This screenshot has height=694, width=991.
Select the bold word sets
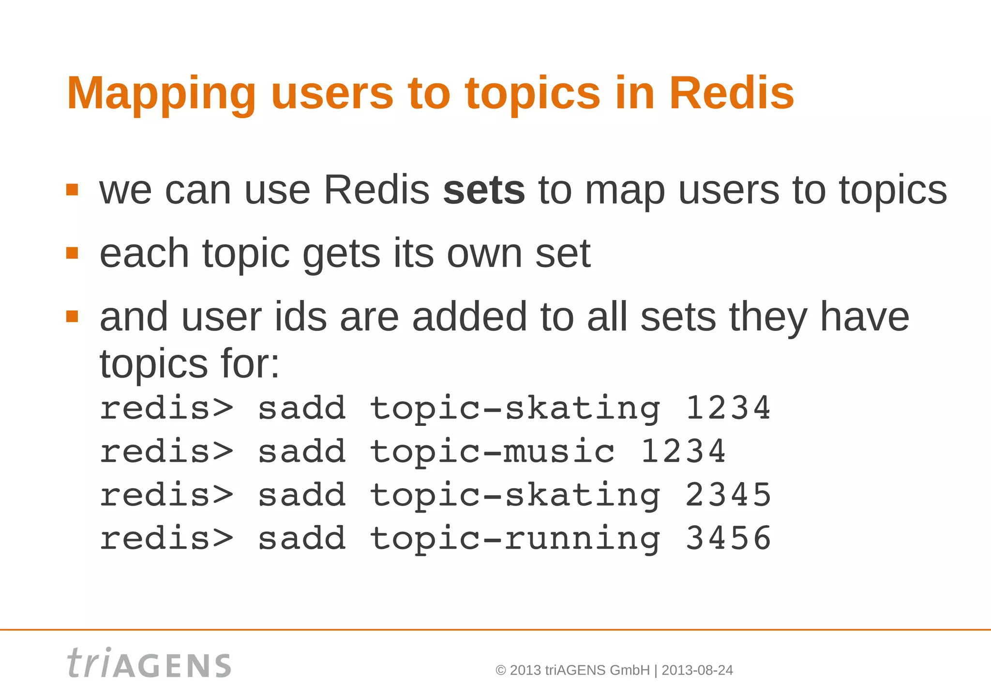[483, 191]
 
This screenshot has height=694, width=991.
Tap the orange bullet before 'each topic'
[72, 253]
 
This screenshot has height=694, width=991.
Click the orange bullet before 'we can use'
[72, 190]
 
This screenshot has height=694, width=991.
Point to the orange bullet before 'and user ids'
[72, 317]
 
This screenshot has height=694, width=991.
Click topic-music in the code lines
[492, 452]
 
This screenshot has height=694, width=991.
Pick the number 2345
[728, 495]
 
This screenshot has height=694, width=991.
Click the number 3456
[728, 538]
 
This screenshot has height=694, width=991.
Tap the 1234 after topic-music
[683, 452]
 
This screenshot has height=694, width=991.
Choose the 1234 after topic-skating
[728, 408]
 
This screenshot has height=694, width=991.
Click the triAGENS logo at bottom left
[149, 663]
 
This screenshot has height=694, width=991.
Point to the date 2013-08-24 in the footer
[697, 670]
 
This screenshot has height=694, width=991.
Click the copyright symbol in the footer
[501, 670]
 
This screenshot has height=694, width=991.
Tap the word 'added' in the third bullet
[469, 317]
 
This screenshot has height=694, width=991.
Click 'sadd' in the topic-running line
[302, 539]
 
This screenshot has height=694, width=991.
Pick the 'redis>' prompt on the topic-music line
[166, 452]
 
